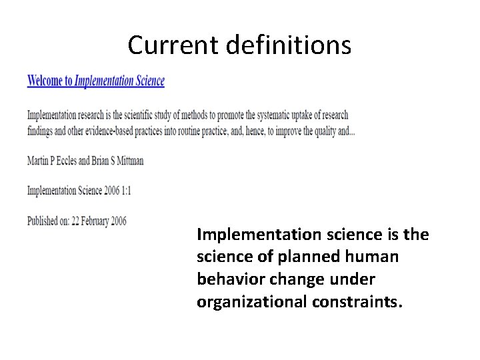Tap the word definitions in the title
289,45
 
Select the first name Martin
38,161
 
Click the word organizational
251,302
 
